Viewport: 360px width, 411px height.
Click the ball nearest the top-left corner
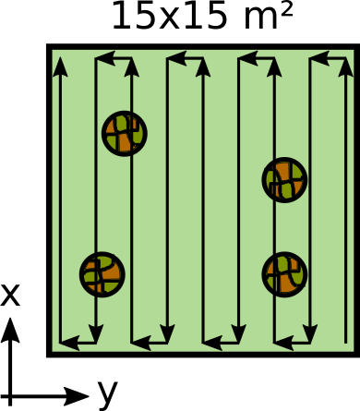[124, 133]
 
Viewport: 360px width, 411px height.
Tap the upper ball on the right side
[284, 179]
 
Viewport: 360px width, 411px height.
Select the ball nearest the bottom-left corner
[102, 274]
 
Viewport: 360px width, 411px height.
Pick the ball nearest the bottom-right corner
[284, 274]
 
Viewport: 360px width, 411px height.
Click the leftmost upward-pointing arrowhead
[60, 66]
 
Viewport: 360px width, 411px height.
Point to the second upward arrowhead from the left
[131, 66]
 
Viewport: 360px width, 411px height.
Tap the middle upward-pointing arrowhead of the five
[203, 66]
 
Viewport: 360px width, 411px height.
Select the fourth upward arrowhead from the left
[274, 66]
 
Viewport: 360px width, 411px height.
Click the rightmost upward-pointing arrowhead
[345, 66]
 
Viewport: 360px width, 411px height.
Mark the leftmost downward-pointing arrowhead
[96, 333]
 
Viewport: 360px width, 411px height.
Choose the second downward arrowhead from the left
[167, 333]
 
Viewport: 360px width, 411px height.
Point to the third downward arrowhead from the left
[238, 333]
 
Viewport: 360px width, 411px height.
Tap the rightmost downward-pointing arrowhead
[310, 333]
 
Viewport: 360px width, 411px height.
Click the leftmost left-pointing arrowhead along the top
[104, 58]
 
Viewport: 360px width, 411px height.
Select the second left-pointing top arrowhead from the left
[175, 58]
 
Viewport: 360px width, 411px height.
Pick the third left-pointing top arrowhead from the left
[247, 58]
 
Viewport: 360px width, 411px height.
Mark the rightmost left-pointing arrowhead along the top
[318, 58]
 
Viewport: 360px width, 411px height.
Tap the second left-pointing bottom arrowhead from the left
[140, 343]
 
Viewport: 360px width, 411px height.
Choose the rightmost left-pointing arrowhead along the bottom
[283, 343]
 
